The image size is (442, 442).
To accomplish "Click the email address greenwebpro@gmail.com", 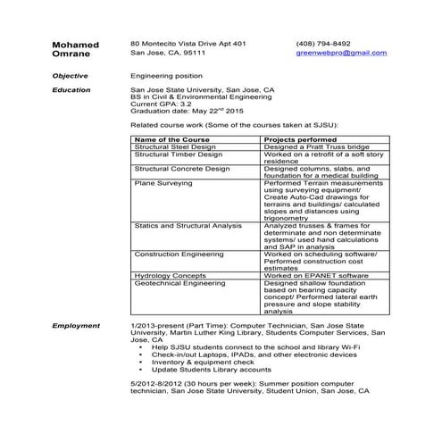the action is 341,53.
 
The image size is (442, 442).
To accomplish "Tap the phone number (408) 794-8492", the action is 323,43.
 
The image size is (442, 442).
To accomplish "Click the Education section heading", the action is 71,90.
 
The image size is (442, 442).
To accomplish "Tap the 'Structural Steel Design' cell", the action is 175,147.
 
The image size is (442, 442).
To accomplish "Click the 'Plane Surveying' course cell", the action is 163,182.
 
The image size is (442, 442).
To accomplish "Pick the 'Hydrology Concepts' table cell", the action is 170,276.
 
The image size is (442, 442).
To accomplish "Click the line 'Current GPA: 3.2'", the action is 161,104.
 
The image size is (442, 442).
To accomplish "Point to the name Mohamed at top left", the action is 76,44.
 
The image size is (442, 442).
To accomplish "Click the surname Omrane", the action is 71,54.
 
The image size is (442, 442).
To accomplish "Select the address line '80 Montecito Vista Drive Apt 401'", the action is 188,43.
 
